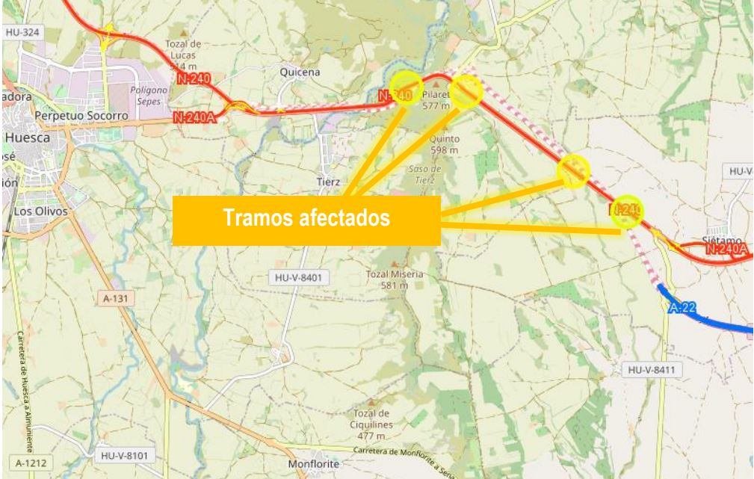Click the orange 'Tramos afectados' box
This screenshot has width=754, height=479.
point(306,220)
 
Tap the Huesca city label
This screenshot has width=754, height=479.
point(27,138)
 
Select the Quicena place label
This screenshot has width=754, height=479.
point(299,72)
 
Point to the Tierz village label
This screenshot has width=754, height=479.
point(328,182)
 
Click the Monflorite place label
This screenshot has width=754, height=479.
point(314,464)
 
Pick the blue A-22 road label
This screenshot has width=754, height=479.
point(682,308)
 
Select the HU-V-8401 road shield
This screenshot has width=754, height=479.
point(298,278)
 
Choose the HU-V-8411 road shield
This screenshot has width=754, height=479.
point(650,369)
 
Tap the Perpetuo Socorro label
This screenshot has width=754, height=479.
point(82,117)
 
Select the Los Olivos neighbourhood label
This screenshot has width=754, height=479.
point(41,211)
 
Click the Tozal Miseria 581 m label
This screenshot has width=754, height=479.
point(395,279)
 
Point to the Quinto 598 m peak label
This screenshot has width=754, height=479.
point(445,144)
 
